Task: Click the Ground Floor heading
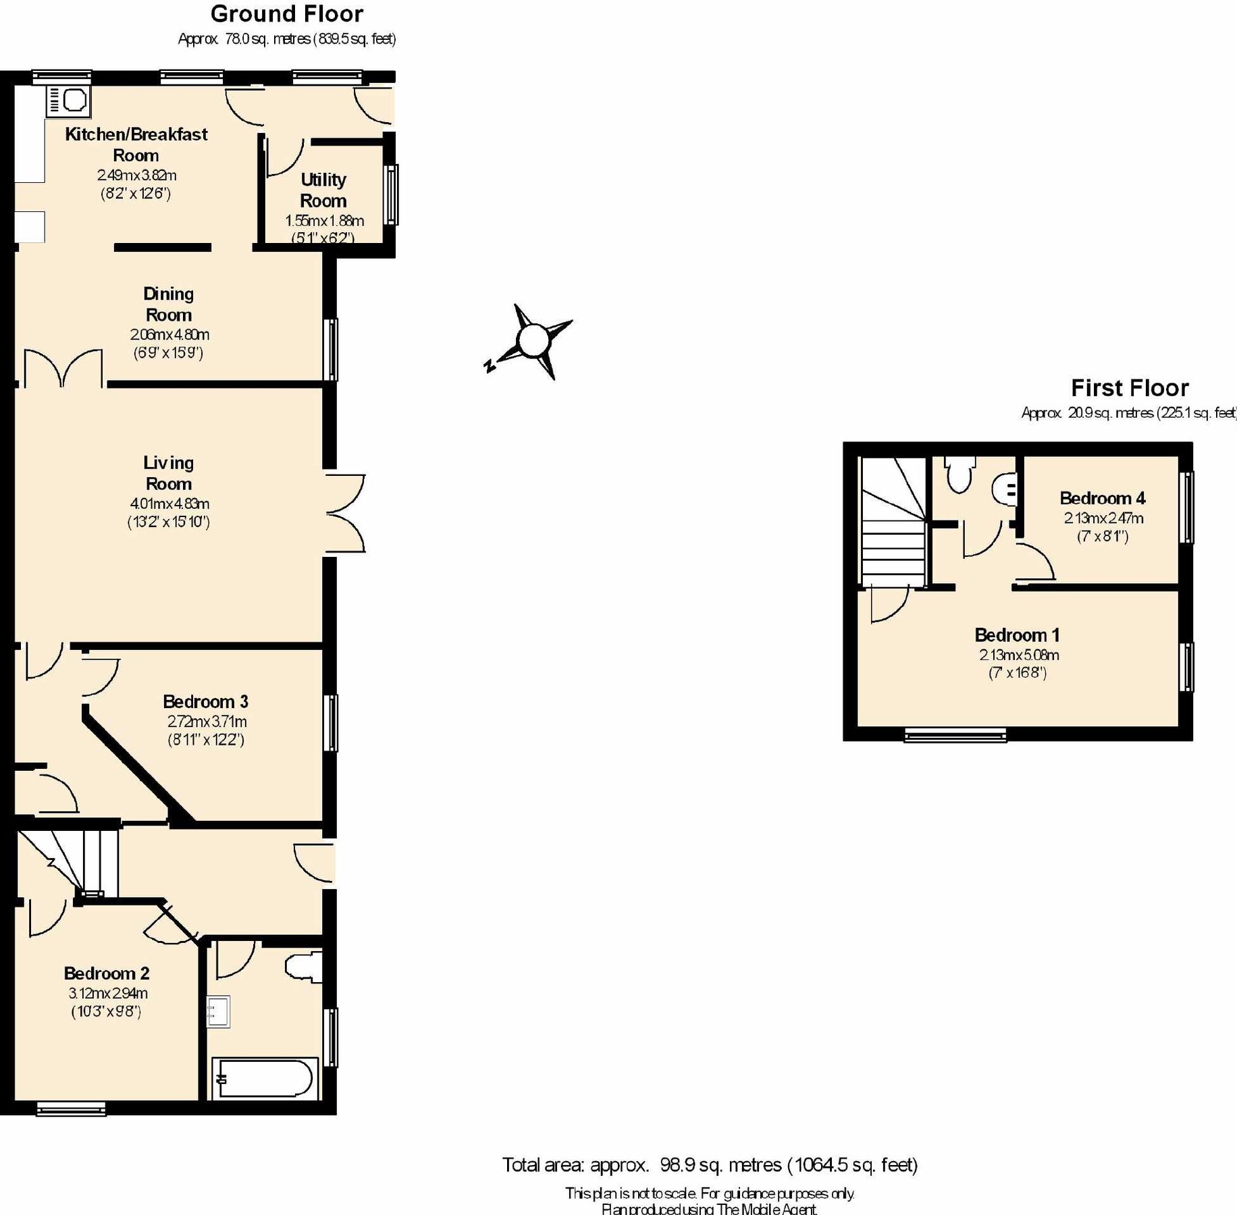click(x=286, y=14)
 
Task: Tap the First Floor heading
click(x=1129, y=388)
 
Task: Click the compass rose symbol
click(x=533, y=340)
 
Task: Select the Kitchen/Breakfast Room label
click(x=136, y=144)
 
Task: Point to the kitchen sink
click(x=68, y=101)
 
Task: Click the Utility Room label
click(x=323, y=190)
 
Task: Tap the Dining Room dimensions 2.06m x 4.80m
click(x=169, y=335)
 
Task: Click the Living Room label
click(x=168, y=473)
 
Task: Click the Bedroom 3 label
click(x=205, y=701)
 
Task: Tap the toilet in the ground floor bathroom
click(x=305, y=967)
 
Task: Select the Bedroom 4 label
click(x=1102, y=498)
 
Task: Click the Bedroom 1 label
click(x=1016, y=635)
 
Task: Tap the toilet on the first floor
click(x=959, y=474)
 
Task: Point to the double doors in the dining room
click(x=63, y=369)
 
